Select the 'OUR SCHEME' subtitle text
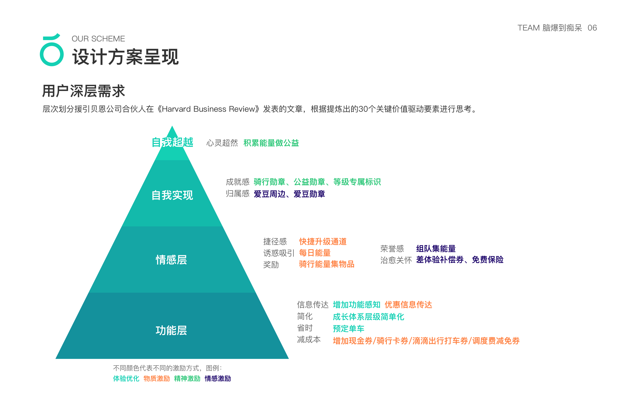click(x=98, y=39)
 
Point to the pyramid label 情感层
click(x=171, y=260)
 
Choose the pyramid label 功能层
click(x=171, y=330)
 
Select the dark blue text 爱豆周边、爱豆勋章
click(x=289, y=194)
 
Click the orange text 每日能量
click(x=315, y=253)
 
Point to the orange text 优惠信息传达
click(x=408, y=305)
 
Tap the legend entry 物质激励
click(x=157, y=378)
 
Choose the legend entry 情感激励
click(x=218, y=378)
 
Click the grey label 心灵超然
click(x=222, y=143)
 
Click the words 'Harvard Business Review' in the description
click(x=209, y=109)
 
